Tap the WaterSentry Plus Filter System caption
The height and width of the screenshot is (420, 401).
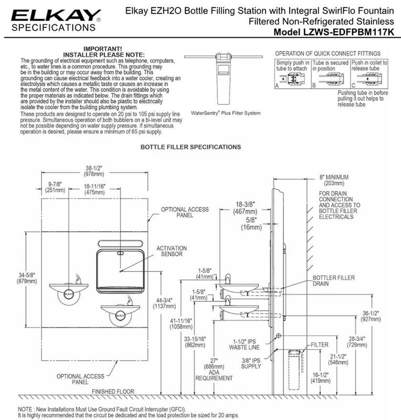pos(226,113)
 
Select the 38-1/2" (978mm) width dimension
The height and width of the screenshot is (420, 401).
pos(94,171)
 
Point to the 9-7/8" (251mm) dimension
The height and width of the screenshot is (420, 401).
pos(55,187)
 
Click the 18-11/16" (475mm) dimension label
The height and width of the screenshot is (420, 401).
pos(94,189)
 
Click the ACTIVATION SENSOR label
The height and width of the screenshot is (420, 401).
pos(172,251)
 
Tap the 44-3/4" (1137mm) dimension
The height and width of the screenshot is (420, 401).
pos(164,303)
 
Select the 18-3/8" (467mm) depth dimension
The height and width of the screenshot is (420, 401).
pos(245,208)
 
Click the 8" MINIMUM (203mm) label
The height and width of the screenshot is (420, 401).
pos(334,180)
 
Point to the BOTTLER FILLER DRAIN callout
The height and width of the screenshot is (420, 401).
pos(333,280)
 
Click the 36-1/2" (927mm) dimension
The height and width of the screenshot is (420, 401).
pos(371,316)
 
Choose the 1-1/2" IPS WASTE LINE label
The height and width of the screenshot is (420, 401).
pos(244,344)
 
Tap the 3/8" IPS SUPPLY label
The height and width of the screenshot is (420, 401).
pos(251,363)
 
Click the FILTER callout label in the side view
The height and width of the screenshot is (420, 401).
pos(319,345)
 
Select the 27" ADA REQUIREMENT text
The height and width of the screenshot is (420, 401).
pos(214,370)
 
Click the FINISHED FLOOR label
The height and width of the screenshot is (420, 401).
pos(113,391)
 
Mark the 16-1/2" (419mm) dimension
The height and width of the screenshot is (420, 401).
pos(320,377)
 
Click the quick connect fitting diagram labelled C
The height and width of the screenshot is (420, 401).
pos(370,74)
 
